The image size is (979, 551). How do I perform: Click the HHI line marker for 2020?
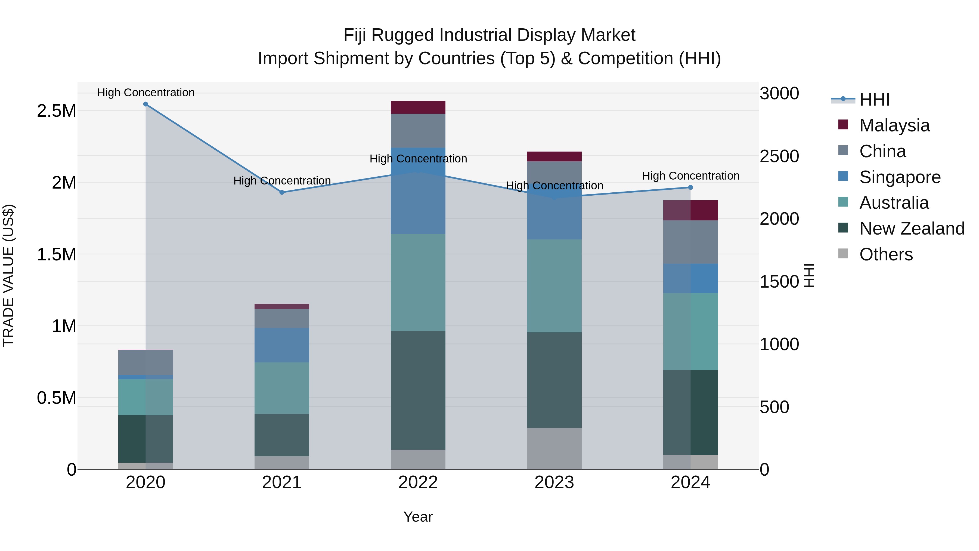pos(145,104)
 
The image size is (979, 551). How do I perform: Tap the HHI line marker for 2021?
pos(282,192)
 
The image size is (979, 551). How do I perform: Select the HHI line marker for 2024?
pos(690,187)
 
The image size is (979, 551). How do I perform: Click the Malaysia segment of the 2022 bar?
pos(418,107)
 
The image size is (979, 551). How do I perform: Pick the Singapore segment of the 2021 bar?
pos(282,345)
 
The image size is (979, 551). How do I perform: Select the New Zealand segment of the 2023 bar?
pos(554,380)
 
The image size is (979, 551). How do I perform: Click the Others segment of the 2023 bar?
pos(554,449)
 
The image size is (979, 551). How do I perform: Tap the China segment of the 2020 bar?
pos(145,362)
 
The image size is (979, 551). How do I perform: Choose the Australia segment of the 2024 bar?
pos(690,332)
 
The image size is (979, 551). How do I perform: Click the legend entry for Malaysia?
pos(894,125)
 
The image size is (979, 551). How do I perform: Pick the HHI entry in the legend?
pos(874,100)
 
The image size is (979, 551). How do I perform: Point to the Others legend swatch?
pos(843,254)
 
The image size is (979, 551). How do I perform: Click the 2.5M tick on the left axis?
pos(57,111)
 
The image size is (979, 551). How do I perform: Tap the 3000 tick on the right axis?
pos(779,94)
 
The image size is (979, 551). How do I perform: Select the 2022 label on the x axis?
pos(418,482)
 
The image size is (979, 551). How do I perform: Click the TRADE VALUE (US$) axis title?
pos(8,275)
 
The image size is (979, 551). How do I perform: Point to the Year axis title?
pos(418,517)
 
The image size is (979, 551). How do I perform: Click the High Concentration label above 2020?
pos(145,93)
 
